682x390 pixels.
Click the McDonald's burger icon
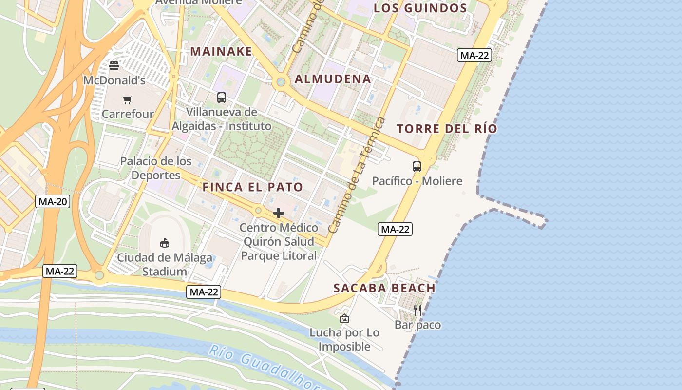(114, 65)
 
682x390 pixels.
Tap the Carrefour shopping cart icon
(128, 100)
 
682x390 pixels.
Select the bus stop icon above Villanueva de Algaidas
(222, 97)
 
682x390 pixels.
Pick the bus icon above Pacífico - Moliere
(417, 167)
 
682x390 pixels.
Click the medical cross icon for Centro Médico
(279, 213)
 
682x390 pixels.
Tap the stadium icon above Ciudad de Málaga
(165, 243)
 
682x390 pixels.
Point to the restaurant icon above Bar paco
(417, 310)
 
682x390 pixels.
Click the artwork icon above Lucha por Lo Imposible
(344, 318)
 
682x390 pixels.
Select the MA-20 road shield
(53, 201)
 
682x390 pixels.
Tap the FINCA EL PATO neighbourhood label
(252, 187)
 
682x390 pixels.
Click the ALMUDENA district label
(333, 79)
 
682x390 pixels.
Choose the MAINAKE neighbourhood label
(221, 51)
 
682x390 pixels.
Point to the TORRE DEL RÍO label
(447, 129)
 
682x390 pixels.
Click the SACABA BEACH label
(384, 288)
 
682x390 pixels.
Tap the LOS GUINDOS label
(420, 8)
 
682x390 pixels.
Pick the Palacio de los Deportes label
(156, 168)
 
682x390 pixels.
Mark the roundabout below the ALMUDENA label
(280, 82)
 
